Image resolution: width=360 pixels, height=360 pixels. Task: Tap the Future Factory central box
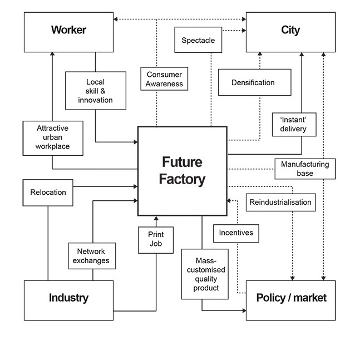pyautogui.click(x=182, y=171)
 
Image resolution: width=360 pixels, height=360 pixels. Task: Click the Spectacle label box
pyautogui.click(x=198, y=41)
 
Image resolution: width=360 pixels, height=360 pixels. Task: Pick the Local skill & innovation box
pyautogui.click(x=96, y=91)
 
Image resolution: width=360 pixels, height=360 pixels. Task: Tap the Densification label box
pyautogui.click(x=253, y=83)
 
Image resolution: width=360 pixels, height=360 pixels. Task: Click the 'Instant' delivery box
pyautogui.click(x=290, y=124)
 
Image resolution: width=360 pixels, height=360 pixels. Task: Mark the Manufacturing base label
pyautogui.click(x=305, y=169)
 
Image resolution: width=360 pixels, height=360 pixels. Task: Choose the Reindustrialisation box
pyautogui.click(x=280, y=202)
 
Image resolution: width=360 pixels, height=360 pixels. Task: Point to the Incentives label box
pyautogui.click(x=236, y=233)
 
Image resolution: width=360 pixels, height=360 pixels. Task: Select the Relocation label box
pyautogui.click(x=48, y=193)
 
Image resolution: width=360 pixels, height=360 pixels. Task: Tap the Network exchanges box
pyautogui.click(x=93, y=256)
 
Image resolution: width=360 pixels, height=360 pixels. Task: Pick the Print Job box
pyautogui.click(x=156, y=239)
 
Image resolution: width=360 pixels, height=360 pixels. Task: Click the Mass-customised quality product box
pyautogui.click(x=205, y=274)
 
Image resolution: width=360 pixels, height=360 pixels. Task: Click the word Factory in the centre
pyautogui.click(x=182, y=180)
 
